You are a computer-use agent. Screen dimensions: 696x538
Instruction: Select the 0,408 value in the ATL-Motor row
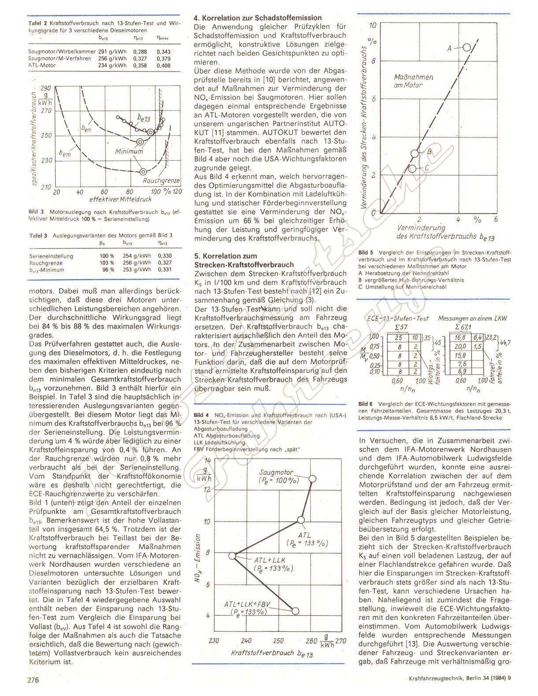163,66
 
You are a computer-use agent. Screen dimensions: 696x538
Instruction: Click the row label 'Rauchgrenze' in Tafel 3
45,263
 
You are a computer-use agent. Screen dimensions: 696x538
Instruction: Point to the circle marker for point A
467,48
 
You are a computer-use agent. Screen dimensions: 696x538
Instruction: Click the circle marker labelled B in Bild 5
415,154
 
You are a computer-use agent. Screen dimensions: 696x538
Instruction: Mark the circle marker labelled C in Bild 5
412,168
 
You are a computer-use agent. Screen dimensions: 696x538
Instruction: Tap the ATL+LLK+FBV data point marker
295,611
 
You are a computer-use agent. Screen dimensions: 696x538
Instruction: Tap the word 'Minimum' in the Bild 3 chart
129,152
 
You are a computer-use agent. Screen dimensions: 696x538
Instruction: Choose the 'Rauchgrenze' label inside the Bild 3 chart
157,181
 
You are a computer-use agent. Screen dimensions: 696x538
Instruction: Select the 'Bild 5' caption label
366,252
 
